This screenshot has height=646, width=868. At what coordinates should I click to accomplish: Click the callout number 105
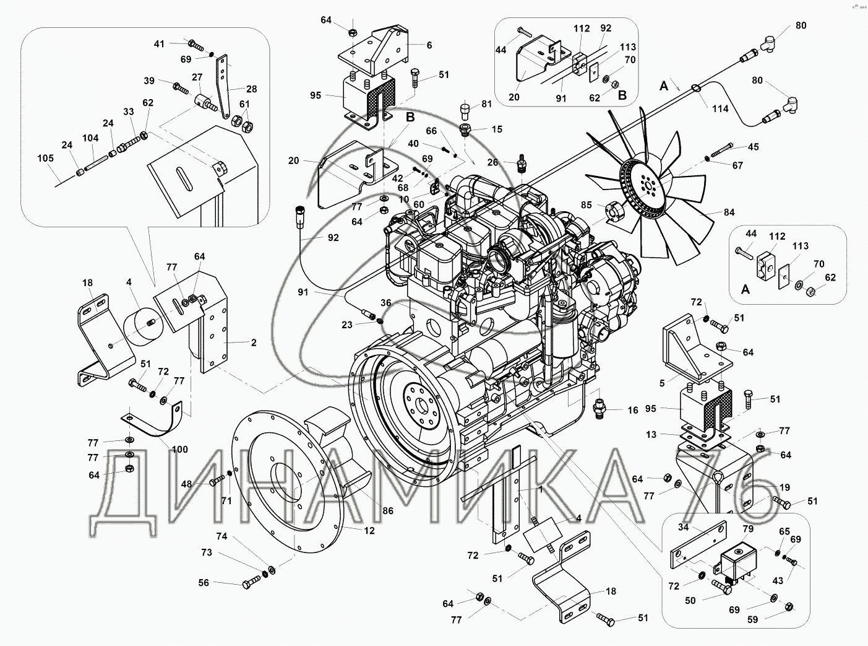[x=45, y=158]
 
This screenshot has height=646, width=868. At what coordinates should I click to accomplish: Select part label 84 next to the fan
[x=729, y=212]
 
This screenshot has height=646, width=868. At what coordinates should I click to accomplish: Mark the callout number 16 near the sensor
[x=632, y=410]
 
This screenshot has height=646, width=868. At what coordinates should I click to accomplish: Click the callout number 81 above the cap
[x=487, y=104]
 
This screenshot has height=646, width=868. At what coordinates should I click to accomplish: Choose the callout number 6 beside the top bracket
[x=429, y=45]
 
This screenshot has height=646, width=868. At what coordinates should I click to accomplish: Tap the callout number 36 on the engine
[x=386, y=303]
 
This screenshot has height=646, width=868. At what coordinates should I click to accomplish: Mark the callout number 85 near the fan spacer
[x=585, y=205]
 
